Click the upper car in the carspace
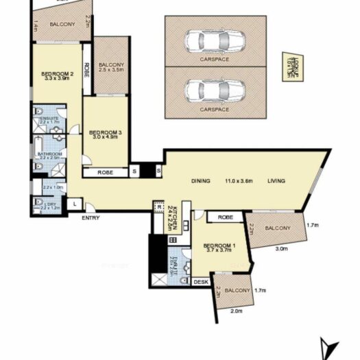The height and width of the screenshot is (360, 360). tap(214, 41)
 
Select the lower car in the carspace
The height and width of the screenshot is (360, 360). tap(214, 89)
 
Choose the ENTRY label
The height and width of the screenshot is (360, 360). tap(90, 218)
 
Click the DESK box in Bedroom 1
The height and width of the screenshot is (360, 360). tap(201, 282)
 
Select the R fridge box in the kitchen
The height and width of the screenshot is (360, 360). tap(158, 206)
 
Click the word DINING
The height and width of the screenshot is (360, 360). tap(200, 181)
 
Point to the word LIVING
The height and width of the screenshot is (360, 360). tap(276, 181)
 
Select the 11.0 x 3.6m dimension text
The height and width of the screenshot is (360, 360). tap(238, 181)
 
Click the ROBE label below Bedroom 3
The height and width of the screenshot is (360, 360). tap(105, 172)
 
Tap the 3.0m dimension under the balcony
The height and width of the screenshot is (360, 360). tap(281, 249)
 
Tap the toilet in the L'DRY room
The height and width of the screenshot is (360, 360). tap(38, 202)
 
